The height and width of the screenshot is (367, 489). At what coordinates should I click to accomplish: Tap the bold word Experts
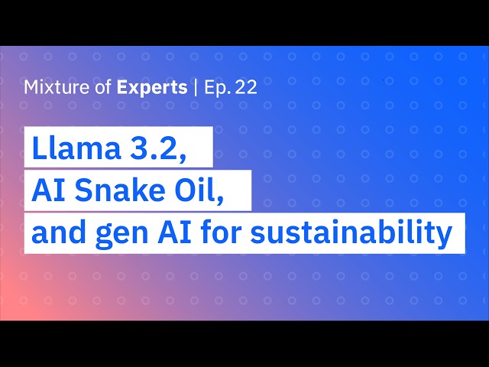pos(152,88)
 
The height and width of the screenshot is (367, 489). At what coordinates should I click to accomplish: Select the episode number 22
pos(246,87)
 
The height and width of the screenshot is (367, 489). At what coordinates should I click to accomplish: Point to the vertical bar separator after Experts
pos(196,88)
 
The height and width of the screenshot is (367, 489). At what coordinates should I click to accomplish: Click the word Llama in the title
pos(76,148)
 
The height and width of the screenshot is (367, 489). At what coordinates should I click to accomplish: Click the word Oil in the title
pos(196,190)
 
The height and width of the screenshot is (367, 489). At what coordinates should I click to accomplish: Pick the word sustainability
pos(351,234)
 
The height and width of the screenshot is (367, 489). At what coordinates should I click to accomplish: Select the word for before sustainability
pos(221,233)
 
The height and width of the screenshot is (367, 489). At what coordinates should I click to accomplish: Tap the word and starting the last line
pos(59,233)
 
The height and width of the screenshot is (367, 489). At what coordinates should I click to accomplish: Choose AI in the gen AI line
pos(174,233)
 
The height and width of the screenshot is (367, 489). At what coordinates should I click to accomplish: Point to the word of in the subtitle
pos(103,87)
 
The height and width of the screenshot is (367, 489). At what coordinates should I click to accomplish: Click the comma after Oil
pos(220,200)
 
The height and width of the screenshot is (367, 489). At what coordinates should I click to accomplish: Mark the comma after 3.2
pos(182,158)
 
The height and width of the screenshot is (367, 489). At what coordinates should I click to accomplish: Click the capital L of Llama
pos(39,148)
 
